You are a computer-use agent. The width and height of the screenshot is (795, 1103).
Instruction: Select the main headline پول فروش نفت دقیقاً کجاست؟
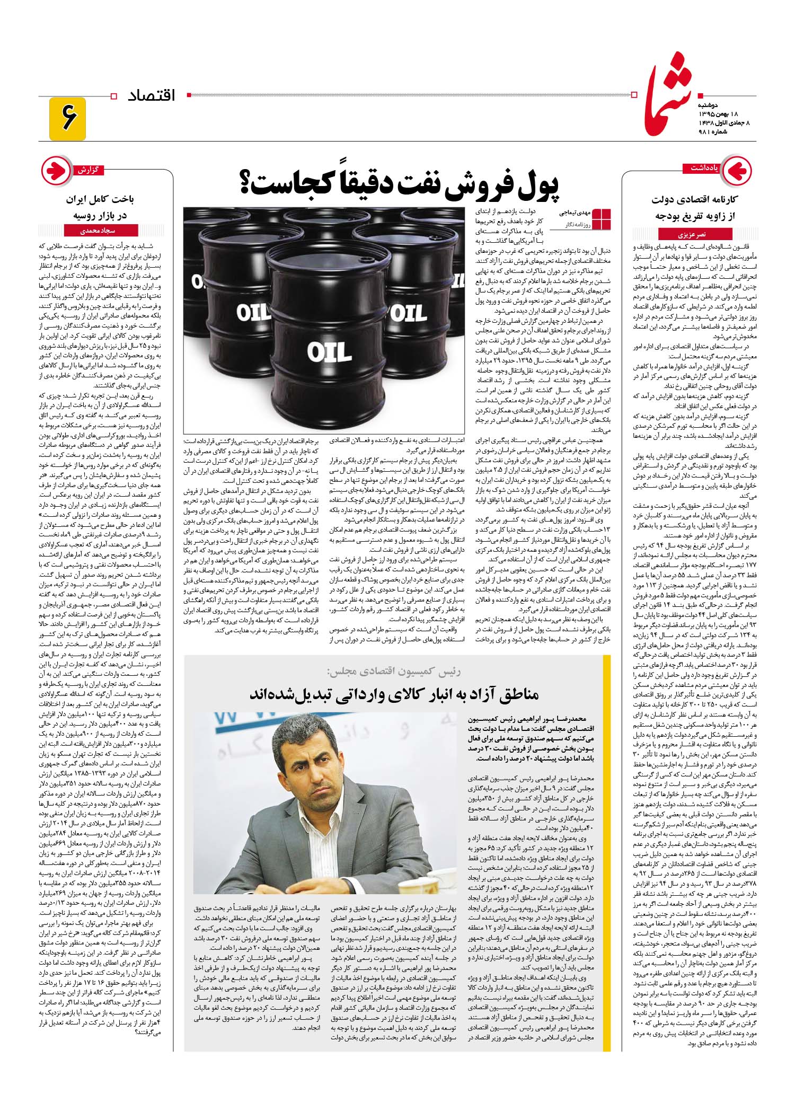click(401, 184)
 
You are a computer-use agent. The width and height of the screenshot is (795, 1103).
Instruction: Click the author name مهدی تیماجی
click(574, 213)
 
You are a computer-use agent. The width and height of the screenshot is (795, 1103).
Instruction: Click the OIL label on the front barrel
click(329, 352)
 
